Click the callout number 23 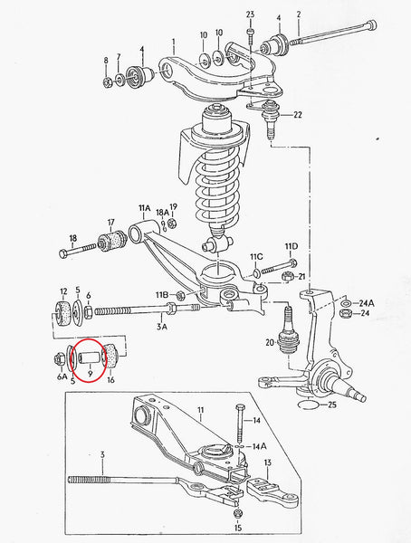click(x=251, y=14)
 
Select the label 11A click(x=144, y=208)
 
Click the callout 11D click(x=291, y=245)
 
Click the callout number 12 click(x=63, y=292)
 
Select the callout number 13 click(x=267, y=463)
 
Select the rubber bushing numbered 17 click(x=115, y=241)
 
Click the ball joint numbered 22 click(x=271, y=119)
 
